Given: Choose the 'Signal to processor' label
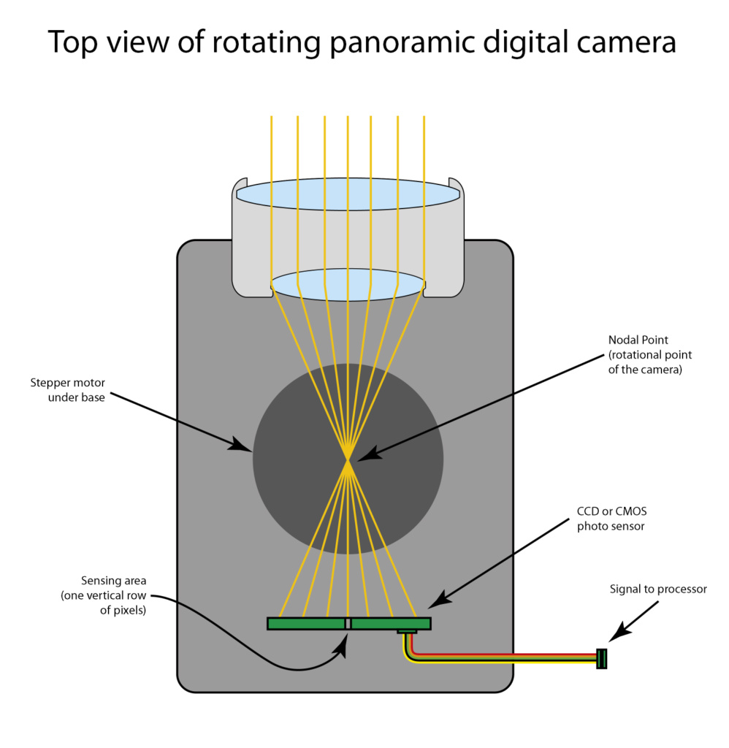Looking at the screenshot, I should [658, 589].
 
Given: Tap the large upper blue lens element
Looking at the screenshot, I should [348, 194].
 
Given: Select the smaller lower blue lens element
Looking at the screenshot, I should [348, 284].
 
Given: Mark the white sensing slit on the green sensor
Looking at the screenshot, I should [348, 623].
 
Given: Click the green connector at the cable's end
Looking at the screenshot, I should [601, 658].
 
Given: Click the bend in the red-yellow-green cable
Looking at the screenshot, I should [411, 654].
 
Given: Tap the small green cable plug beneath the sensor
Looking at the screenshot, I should [407, 631].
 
